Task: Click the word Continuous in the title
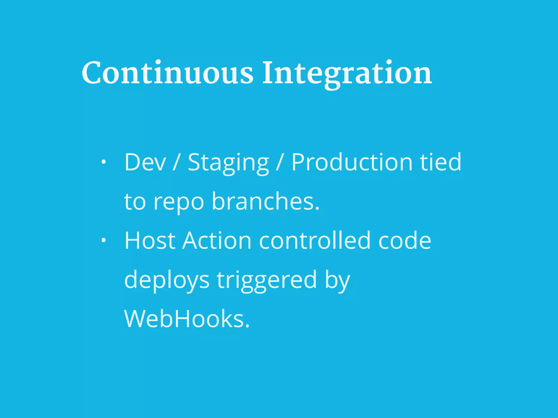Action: pos(167,73)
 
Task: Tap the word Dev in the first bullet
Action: pos(145,162)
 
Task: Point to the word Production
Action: pos(352,162)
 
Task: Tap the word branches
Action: pos(265,201)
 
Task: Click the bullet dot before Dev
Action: pos(103,162)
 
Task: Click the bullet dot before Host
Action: pos(103,241)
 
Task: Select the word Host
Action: pos(150,241)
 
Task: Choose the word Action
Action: pos(217,241)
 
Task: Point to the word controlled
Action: pos(315,241)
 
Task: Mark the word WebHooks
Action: pos(187,319)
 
